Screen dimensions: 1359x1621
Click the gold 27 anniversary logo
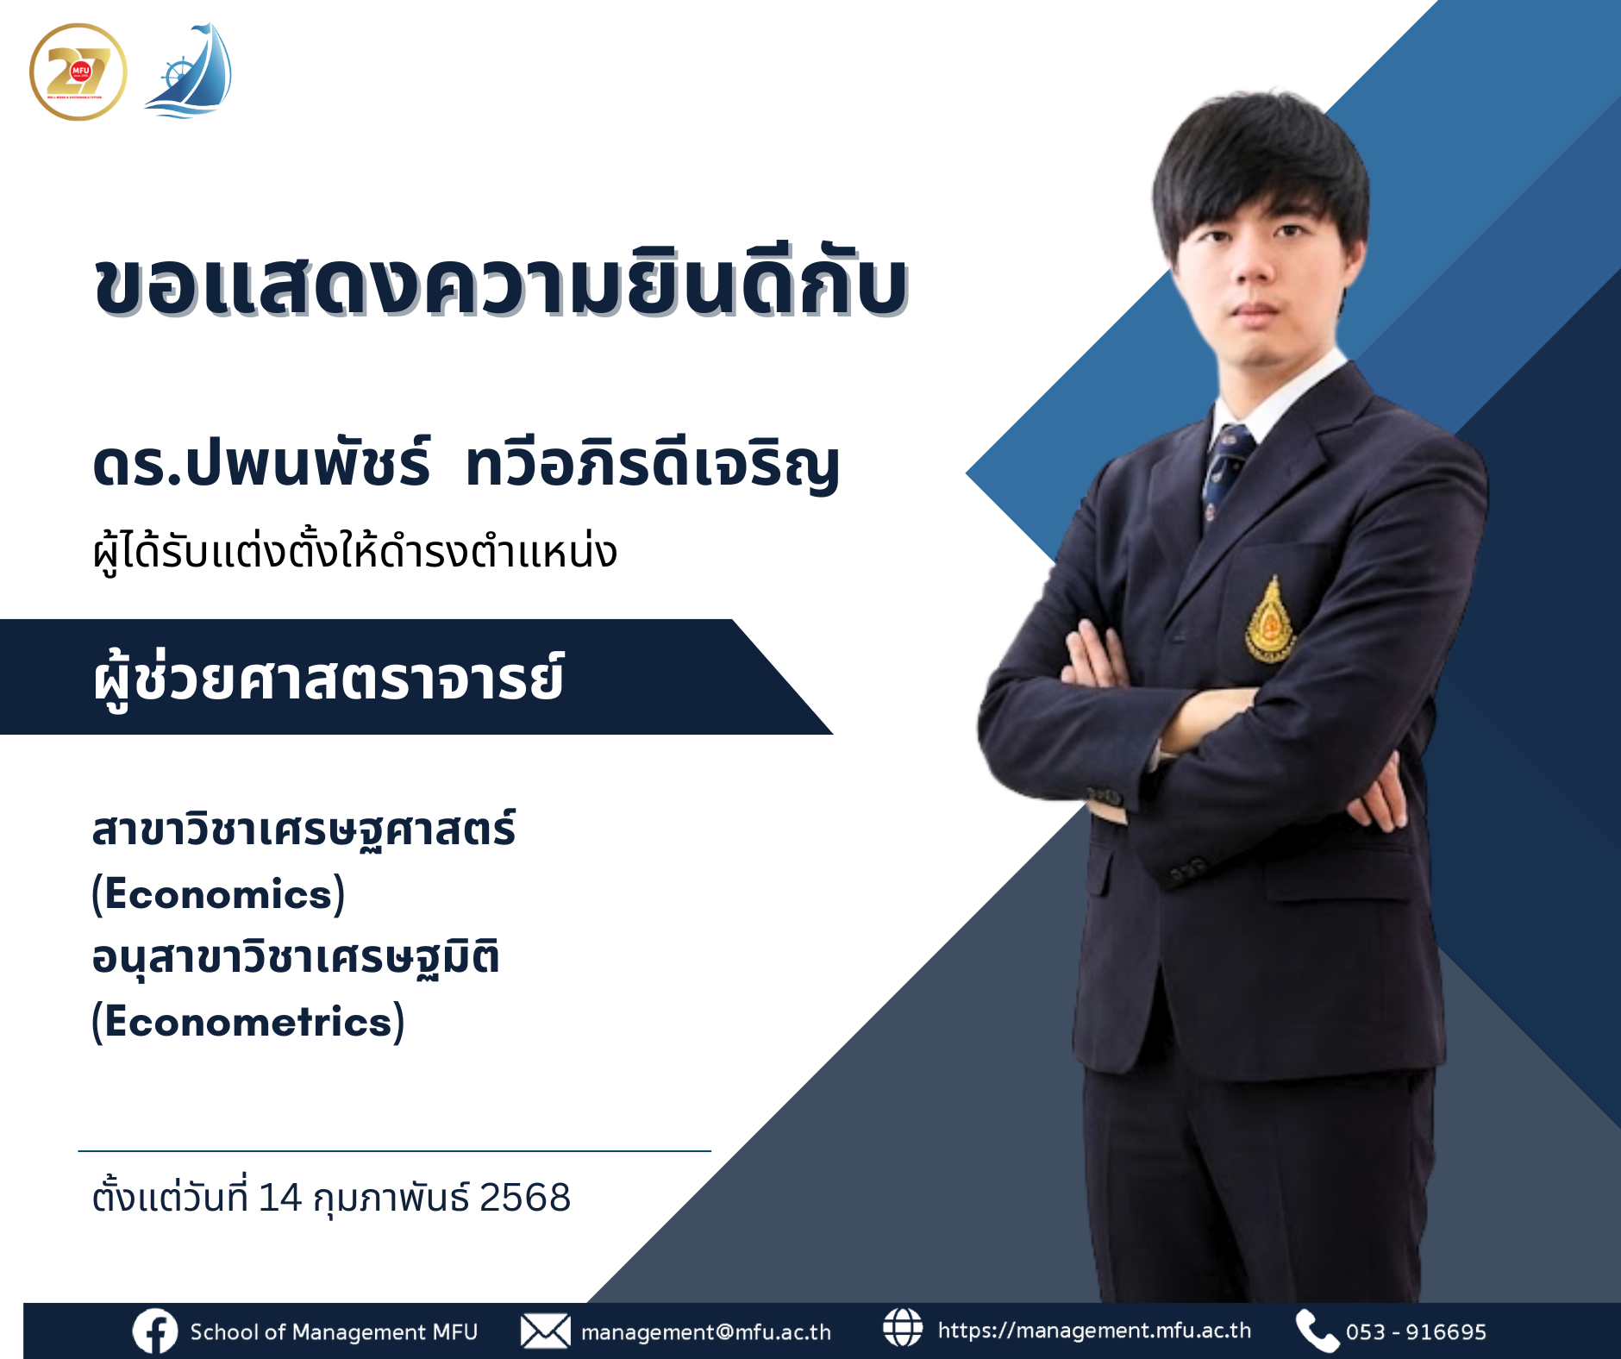pos(78,72)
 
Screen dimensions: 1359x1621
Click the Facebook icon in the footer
pos(155,1331)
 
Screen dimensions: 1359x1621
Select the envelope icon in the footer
pos(545,1331)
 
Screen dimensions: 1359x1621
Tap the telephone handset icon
pos(1316,1331)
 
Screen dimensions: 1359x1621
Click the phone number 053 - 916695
pos(1416,1332)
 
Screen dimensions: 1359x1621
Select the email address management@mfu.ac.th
pos(705,1332)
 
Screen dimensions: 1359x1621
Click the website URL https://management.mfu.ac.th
pos(1094,1331)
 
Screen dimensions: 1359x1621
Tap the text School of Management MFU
pos(334,1332)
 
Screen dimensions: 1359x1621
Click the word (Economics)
pos(218,894)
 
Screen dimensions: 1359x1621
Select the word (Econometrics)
pos(248,1022)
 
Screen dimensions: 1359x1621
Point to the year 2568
pos(524,1198)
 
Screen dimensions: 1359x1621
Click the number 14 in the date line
pos(279,1198)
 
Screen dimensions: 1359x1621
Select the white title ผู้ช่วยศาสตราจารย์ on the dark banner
pos(328,679)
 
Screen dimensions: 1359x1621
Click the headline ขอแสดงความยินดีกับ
pos(500,285)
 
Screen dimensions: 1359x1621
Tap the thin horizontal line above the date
pos(394,1150)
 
